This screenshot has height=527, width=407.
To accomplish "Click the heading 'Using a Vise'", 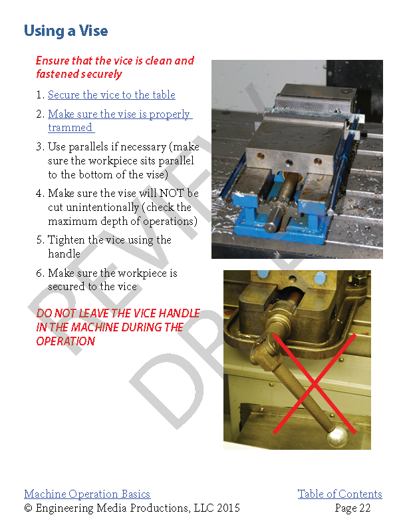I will [66, 31].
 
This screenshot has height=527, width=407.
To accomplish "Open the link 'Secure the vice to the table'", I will [111, 95].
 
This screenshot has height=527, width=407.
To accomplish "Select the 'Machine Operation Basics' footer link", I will [87, 494].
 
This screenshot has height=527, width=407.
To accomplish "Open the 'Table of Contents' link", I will [339, 494].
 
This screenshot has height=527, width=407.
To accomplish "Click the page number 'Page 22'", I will [352, 508].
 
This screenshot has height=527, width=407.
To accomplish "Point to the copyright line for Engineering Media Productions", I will [132, 508].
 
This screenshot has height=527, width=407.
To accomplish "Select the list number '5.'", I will [40, 240].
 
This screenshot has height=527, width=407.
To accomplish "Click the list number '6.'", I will [40, 273].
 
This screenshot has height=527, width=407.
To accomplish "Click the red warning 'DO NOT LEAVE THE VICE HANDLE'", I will [118, 313].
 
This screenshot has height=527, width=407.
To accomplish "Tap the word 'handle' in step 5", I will [64, 254].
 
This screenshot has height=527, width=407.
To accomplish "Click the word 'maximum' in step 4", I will [72, 221].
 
